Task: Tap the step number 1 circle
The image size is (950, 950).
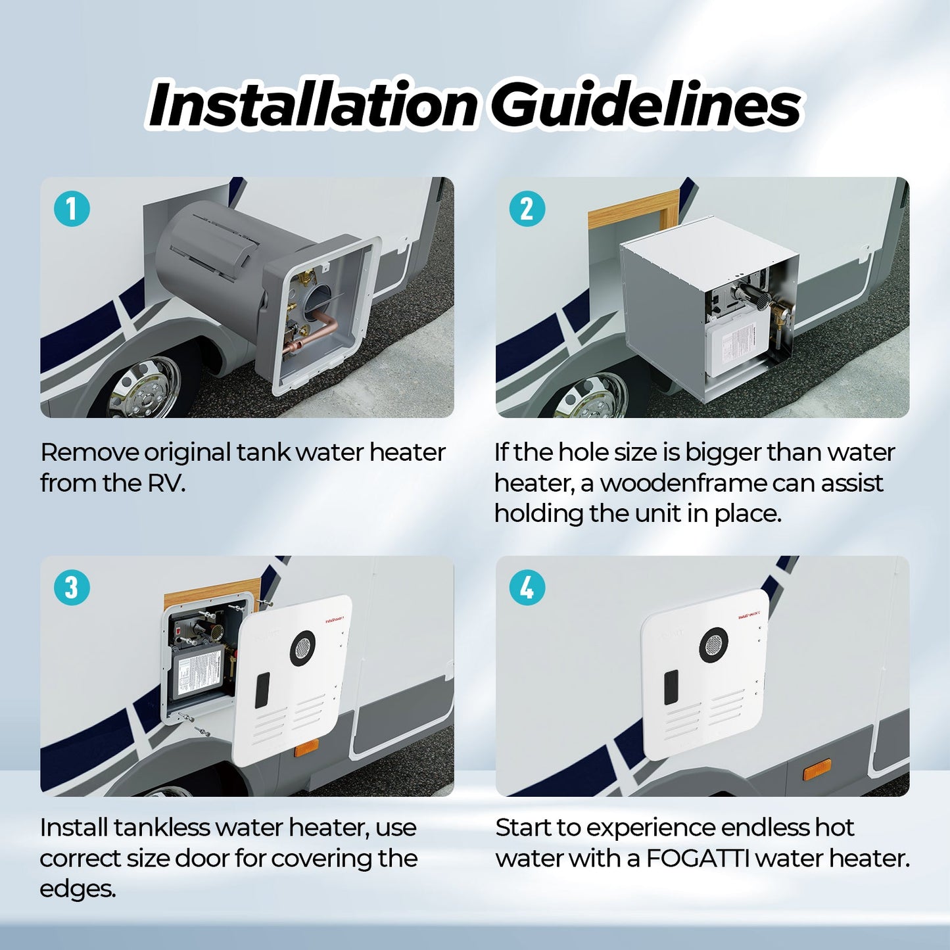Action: pos(72,209)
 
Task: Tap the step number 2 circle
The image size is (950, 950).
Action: pos(527,209)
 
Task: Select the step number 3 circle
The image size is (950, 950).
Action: pos(72,587)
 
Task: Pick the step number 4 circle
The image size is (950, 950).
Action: pos(527,587)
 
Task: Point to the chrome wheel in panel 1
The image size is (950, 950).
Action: pos(143,390)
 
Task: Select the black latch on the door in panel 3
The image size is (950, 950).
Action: pos(262,690)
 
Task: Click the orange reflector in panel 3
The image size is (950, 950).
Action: pos(306,748)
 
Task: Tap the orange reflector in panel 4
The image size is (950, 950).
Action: pos(817,769)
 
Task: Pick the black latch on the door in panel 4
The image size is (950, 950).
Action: pos(671,687)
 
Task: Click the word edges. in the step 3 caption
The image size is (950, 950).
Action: pos(78,889)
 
